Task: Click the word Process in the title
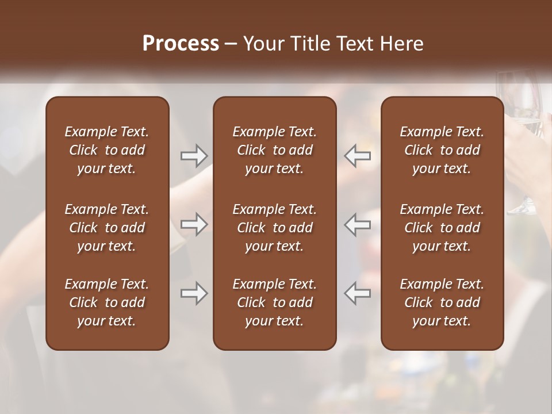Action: [x=181, y=44]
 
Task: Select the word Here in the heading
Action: [x=402, y=44]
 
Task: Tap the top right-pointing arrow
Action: [x=194, y=155]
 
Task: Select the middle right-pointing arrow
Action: [x=194, y=224]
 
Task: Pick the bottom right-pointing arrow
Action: [x=194, y=293]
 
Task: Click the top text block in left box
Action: [x=107, y=150]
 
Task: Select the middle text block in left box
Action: [x=107, y=228]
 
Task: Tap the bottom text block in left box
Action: [x=107, y=302]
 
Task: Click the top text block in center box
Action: [x=274, y=150]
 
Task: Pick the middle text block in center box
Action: [x=274, y=228]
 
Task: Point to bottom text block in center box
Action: [x=274, y=302]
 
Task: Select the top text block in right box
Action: [x=442, y=150]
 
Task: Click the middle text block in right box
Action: [x=442, y=228]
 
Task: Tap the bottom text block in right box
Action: [x=442, y=302]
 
